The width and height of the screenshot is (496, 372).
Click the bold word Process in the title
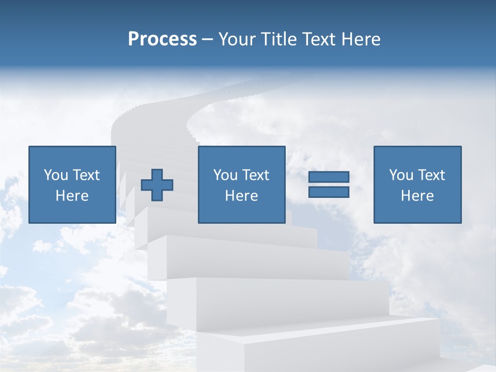162,39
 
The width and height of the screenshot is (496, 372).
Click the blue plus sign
157,184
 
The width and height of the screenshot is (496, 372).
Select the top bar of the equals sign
329,177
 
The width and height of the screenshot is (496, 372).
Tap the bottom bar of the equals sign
329,192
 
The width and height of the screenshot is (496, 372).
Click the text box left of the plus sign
72,184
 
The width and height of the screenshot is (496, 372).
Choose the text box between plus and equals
241,184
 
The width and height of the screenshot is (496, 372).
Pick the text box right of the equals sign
417,184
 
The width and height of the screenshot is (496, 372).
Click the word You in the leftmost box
56,175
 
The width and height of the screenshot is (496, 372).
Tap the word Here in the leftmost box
72,196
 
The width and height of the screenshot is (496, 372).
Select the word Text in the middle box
256,175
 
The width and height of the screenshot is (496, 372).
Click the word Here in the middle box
241,196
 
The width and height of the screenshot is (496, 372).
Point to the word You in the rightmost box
401,175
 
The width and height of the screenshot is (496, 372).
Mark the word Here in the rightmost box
417,196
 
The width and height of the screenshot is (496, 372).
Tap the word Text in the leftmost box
86,175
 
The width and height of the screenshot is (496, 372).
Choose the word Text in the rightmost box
431,175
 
